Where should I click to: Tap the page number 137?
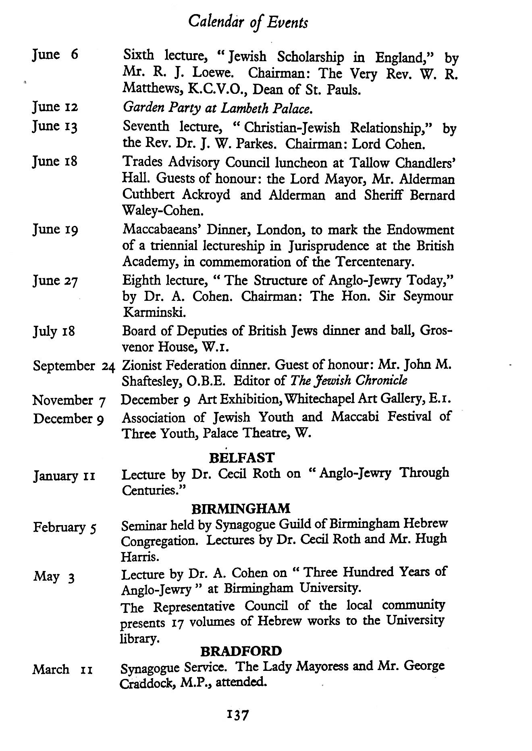point(238,715)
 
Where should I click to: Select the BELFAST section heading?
point(242,457)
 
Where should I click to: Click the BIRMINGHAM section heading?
point(241,509)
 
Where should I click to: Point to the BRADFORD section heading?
point(241,651)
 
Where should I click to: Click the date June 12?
point(55,107)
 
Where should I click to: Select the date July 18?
point(54,332)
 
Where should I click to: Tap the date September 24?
point(74,366)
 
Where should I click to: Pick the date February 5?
point(64,527)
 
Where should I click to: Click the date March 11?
point(63,670)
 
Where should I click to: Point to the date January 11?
point(64,476)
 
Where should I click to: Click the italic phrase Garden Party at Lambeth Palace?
point(218,108)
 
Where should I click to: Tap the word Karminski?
point(149,312)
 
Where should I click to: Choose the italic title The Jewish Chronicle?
point(349,381)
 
